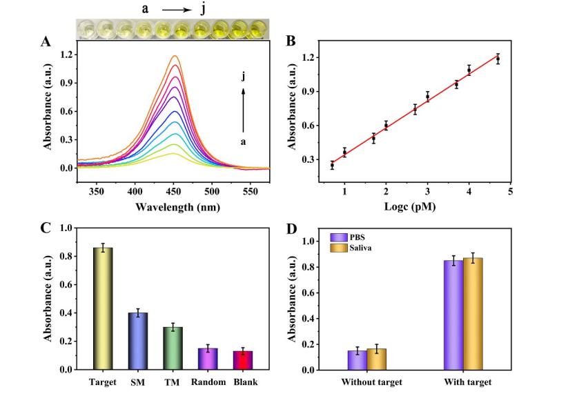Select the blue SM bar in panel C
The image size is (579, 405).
(x=138, y=341)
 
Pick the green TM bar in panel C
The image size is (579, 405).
(x=173, y=348)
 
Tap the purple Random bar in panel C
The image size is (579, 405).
(x=208, y=359)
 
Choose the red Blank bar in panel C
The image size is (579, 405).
(x=243, y=360)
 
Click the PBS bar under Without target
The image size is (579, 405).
(x=357, y=360)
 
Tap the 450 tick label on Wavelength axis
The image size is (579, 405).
(x=174, y=191)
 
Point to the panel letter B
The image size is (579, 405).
(x=291, y=41)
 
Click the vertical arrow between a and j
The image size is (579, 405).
(x=243, y=109)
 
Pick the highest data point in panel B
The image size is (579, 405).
(x=497, y=59)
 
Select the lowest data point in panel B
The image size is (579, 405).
(x=332, y=165)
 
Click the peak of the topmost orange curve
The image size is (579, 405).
(x=175, y=56)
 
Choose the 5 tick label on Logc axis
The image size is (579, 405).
(x=511, y=191)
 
